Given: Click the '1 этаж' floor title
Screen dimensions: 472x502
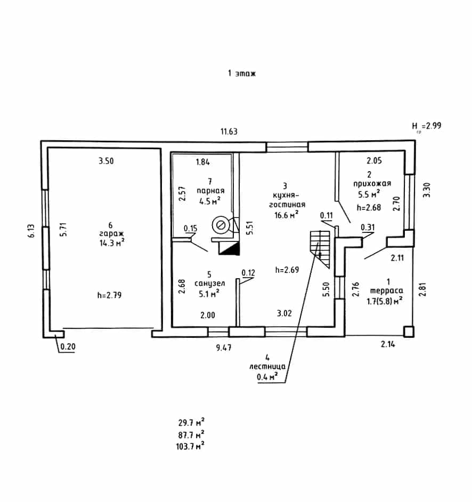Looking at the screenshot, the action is (x=242, y=74).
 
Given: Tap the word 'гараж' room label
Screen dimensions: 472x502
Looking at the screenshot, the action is (x=111, y=234).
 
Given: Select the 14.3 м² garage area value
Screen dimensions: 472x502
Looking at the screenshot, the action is (x=112, y=242).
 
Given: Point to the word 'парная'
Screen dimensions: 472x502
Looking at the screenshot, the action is (x=210, y=191).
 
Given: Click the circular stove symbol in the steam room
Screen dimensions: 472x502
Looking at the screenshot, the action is (x=221, y=225).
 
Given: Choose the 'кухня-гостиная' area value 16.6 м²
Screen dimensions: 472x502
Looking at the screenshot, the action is (x=287, y=215).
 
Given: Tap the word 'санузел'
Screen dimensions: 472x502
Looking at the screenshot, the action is (x=209, y=284).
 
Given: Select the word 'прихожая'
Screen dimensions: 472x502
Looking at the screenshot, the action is (x=372, y=184).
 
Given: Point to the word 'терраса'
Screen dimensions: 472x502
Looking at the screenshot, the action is (x=387, y=290).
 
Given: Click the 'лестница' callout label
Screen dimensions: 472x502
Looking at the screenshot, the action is (x=267, y=367).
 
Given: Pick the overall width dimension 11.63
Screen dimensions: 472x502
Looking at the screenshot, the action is (x=229, y=132).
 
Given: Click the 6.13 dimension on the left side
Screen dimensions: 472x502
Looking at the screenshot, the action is (x=31, y=231).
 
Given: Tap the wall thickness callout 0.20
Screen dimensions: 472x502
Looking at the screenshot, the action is (x=68, y=347).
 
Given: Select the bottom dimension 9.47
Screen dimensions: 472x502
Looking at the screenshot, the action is (x=224, y=347).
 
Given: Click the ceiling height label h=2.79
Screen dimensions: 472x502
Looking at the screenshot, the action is (x=109, y=295).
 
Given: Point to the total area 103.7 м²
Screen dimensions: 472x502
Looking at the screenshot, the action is (x=190, y=446).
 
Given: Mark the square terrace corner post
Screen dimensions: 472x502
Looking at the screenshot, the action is (x=409, y=331).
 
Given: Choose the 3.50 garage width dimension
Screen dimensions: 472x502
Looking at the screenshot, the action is (x=106, y=161).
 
